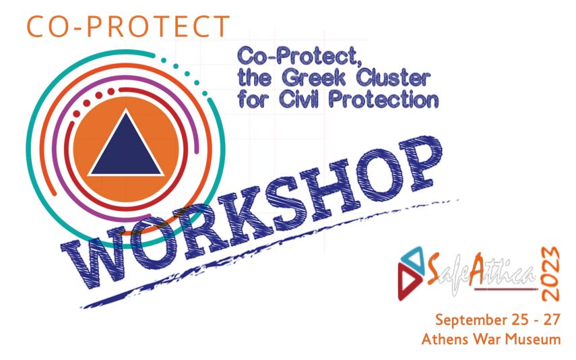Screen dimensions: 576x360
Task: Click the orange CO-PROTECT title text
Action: point(128,26)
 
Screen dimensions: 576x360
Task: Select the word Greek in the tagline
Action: point(314,78)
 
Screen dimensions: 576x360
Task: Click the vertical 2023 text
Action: point(550,274)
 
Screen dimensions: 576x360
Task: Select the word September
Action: point(469,320)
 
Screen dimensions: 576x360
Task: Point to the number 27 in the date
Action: point(552,319)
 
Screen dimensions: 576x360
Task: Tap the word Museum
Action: point(532,338)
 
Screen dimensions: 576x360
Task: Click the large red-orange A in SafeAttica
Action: point(478,269)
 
